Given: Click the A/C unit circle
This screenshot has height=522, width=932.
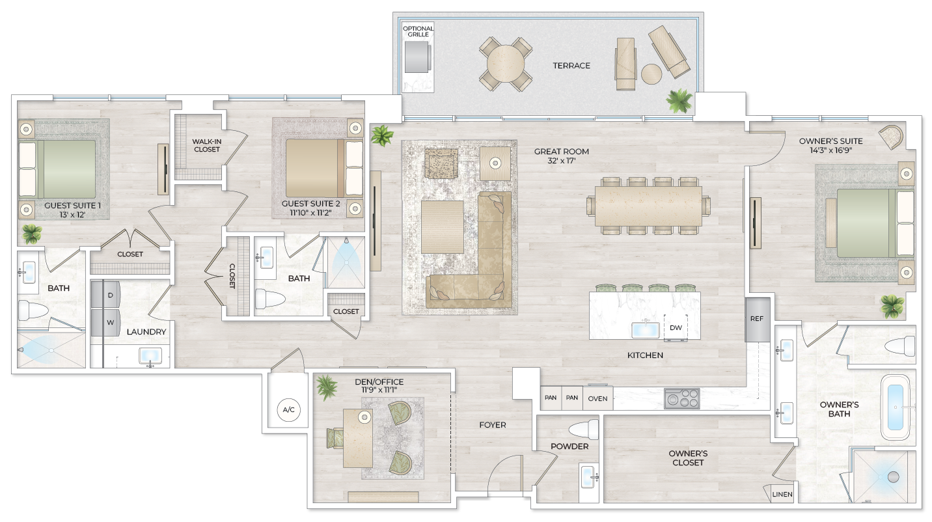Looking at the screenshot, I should tap(288, 410).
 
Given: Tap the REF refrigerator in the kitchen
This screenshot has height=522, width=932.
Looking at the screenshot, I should tap(757, 320).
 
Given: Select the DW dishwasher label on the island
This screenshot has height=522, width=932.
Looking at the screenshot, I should tap(676, 327).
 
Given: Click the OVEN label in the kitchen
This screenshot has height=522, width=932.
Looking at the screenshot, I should tap(597, 398).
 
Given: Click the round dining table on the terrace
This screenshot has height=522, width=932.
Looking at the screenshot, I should tap(506, 64).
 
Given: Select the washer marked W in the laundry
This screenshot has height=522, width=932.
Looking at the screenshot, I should tap(110, 322).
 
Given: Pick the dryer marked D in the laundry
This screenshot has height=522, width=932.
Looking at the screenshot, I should tap(110, 295).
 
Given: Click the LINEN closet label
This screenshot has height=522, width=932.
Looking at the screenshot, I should tap(782, 495).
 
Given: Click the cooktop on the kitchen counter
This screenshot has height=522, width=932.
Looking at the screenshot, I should tap(681, 398).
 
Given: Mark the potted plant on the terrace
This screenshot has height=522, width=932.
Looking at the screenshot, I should tap(679, 101).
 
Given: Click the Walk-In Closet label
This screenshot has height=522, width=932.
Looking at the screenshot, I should tap(206, 145).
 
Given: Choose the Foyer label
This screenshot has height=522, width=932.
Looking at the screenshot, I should tap(492, 425).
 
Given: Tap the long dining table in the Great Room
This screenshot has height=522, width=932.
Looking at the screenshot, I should tap(649, 206).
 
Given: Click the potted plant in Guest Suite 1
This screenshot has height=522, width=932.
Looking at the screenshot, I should tap(30, 233).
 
